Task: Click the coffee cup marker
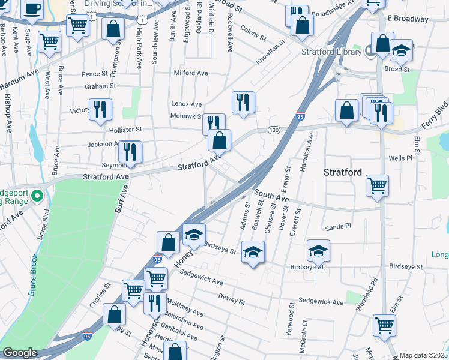(x=32, y=10)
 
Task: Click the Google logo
(x=19, y=353)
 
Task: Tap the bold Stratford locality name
(x=343, y=172)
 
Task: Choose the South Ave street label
(x=271, y=195)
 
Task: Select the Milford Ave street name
(x=190, y=73)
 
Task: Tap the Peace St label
(x=94, y=74)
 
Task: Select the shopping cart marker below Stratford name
(x=377, y=185)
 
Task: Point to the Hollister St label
(x=125, y=129)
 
